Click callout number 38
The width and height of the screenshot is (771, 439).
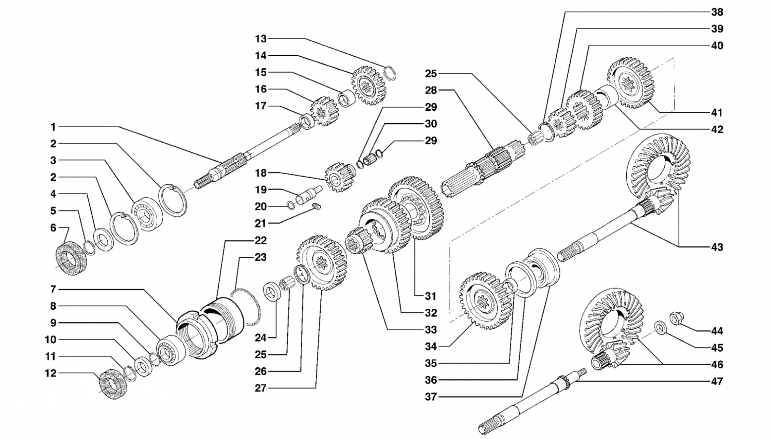coord(717,12)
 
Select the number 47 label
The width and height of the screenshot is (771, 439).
coord(717,381)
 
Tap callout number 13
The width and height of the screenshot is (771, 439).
coord(261,39)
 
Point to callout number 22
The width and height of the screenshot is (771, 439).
coord(261,240)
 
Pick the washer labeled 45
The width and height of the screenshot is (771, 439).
coord(660,328)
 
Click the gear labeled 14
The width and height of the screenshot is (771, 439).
coord(369,86)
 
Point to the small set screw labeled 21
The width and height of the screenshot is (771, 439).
coord(316,206)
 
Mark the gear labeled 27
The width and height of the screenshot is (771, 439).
coord(322,263)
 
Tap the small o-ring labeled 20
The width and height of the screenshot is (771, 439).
coord(290,205)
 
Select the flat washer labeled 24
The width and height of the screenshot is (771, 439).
coord(272,291)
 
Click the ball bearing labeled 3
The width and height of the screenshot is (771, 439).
coord(147,214)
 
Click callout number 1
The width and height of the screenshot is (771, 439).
coord(53,127)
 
